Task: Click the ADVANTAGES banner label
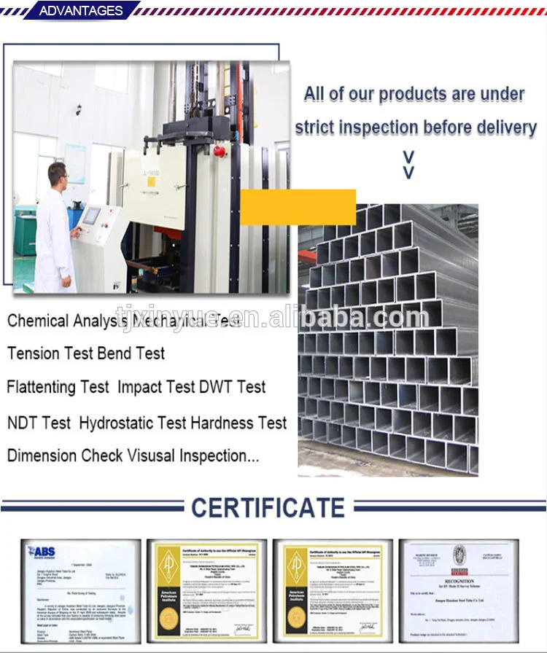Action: click(80, 10)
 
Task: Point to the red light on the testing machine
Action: click(218, 151)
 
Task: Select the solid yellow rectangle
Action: click(298, 207)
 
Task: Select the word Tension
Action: click(33, 353)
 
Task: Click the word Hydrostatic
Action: click(119, 423)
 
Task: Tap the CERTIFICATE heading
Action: click(268, 507)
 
